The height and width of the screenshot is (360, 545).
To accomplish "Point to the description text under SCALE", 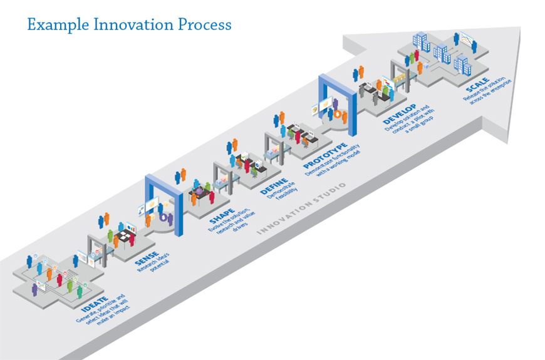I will click(487, 89).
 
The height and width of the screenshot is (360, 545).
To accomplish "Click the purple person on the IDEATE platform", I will click(34, 288).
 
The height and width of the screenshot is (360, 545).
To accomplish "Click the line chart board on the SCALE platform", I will click(467, 39).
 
